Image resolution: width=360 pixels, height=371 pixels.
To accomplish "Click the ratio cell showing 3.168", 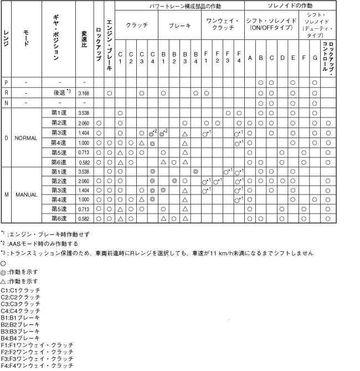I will point(84,93).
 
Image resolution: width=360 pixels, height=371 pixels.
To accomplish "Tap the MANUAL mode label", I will point(26,195).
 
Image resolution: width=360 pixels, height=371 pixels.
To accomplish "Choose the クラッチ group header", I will point(136,26).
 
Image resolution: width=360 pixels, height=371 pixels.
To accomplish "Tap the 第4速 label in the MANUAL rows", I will point(59,199).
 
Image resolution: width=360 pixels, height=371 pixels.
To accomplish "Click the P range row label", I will point(6,82).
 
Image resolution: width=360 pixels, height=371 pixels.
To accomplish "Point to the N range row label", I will point(6,103).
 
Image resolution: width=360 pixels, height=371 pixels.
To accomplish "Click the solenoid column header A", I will point(250,57).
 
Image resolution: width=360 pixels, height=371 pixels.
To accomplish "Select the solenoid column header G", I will point(314,57).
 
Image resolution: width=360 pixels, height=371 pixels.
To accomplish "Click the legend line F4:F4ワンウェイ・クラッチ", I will point(37,365).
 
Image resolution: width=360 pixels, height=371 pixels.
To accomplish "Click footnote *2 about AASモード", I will point(39,243).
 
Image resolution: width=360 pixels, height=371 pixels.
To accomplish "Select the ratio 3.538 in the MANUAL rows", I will point(84,172).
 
